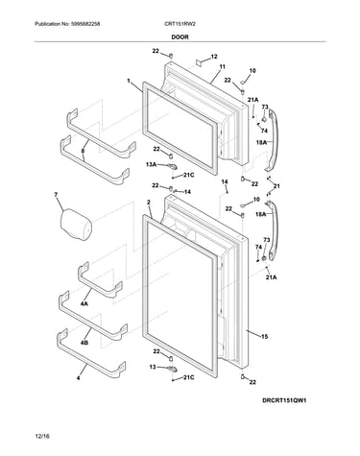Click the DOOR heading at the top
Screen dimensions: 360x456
(180, 36)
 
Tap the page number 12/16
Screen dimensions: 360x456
(42, 436)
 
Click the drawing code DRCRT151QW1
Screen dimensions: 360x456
(284, 400)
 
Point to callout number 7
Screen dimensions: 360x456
(56, 194)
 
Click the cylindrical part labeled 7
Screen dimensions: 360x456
(76, 224)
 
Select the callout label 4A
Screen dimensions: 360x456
(84, 303)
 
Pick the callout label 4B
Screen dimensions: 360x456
(84, 343)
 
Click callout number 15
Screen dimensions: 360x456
(264, 336)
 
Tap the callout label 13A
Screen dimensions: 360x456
(151, 164)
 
